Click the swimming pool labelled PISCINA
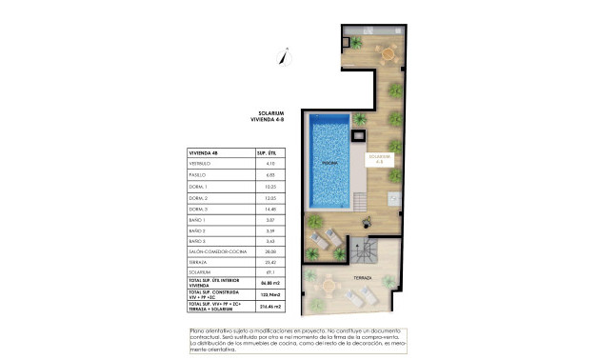coord(329,163)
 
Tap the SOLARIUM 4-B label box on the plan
coord(380,158)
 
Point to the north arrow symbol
coord(283,54)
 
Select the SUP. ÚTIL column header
coord(267,152)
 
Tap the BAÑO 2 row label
coord(198,230)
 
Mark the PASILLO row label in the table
coord(198,176)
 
